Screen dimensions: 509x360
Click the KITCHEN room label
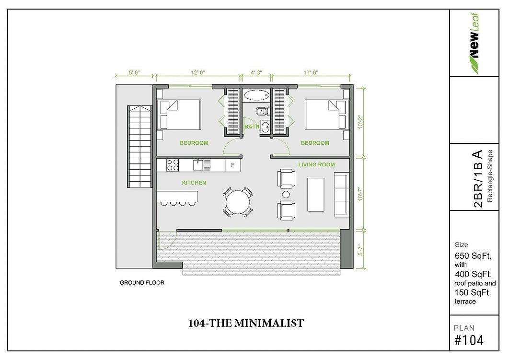tap(194, 183)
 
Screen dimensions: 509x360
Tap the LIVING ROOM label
tap(316, 164)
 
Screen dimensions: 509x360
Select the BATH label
tap(252, 127)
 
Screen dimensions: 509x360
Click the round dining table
tap(238, 202)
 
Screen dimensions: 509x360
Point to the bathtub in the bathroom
tap(256, 95)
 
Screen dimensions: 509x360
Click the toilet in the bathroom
tap(261, 111)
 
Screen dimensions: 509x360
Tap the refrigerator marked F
tap(233, 165)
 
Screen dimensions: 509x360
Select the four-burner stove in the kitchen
tap(173, 165)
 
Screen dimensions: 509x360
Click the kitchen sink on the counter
tap(198, 165)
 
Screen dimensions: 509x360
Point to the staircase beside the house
tap(140, 146)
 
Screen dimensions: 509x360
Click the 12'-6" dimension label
tap(198, 73)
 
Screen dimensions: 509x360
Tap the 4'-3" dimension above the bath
tap(256, 73)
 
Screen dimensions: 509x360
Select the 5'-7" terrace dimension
tap(360, 250)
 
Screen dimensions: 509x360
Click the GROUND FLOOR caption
tap(142, 282)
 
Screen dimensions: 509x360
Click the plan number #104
tap(469, 340)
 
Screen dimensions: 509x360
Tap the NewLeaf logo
tap(474, 44)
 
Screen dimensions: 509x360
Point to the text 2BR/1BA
tap(478, 178)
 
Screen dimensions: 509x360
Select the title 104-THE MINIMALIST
tap(246, 323)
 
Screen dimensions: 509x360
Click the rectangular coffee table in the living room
tap(316, 195)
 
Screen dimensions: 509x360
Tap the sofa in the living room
tap(342, 195)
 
